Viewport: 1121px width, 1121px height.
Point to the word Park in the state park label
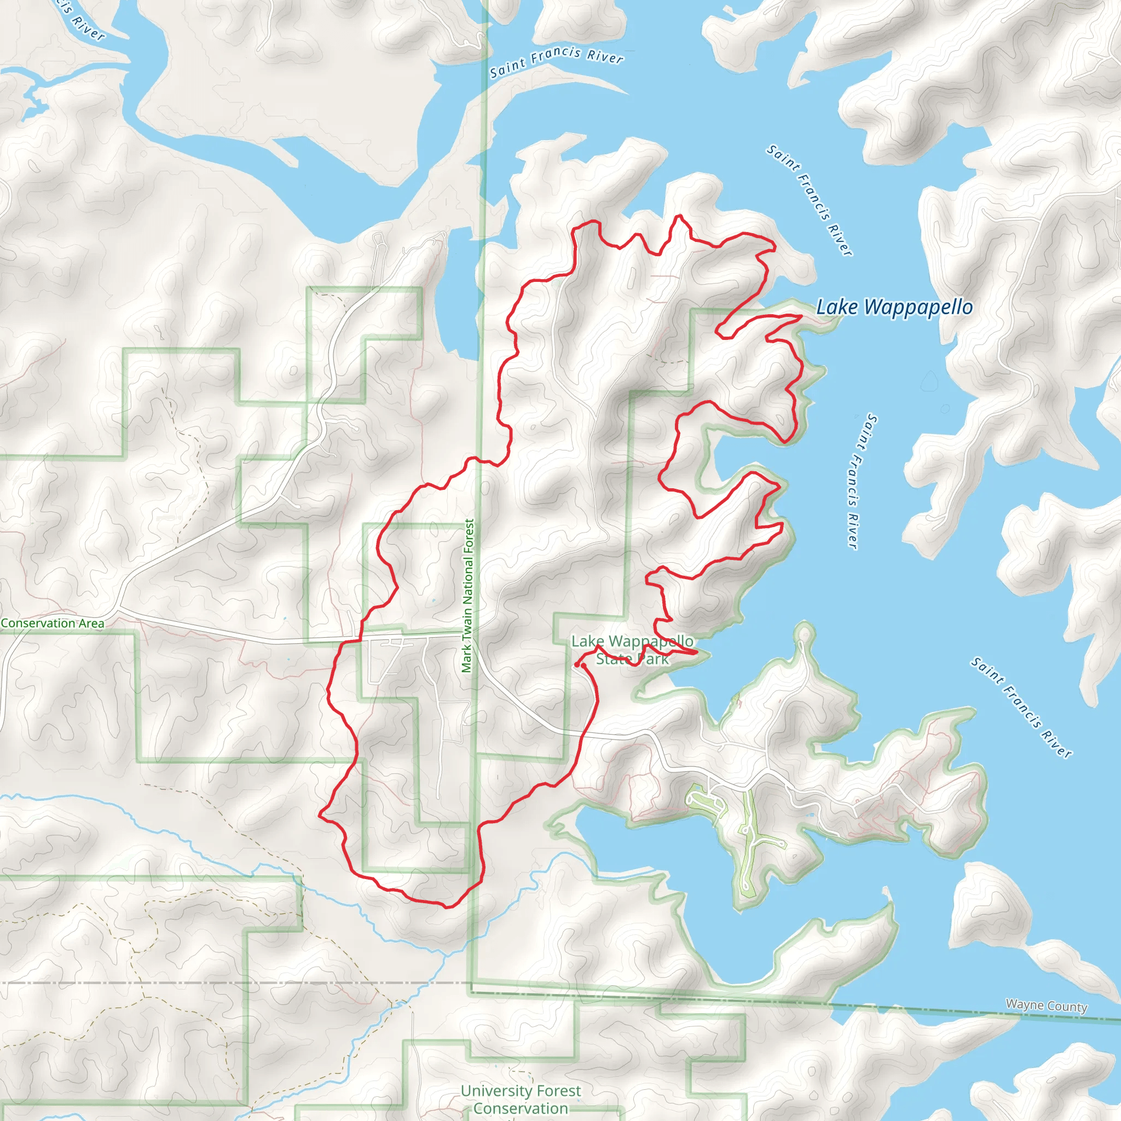click(x=653, y=659)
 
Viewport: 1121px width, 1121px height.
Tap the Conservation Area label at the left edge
click(x=53, y=623)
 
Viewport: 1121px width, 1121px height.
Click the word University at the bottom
click(x=494, y=1091)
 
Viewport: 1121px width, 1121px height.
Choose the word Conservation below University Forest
click(x=521, y=1108)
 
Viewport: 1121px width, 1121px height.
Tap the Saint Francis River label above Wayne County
click(x=1021, y=707)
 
